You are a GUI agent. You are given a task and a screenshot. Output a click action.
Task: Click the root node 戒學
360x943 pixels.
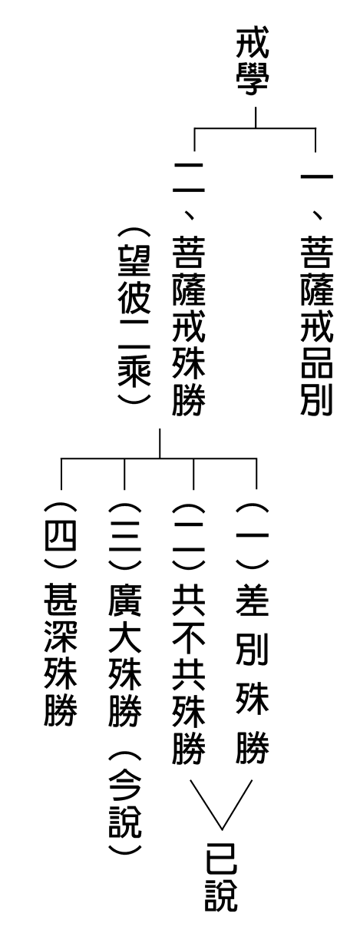(252, 61)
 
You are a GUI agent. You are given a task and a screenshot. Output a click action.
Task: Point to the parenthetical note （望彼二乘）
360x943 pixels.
(134, 316)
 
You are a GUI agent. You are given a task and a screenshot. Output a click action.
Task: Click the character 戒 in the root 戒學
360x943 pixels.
(252, 44)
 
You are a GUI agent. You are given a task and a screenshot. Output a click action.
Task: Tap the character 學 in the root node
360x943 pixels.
(252, 79)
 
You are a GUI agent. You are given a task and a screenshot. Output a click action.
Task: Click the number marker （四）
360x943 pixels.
(61, 536)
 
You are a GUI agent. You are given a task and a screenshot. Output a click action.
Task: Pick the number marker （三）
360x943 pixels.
(125, 536)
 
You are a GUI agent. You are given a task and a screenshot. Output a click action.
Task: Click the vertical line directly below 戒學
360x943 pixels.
(256, 117)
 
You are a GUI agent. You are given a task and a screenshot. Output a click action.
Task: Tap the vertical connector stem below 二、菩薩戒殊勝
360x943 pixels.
(160, 443)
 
